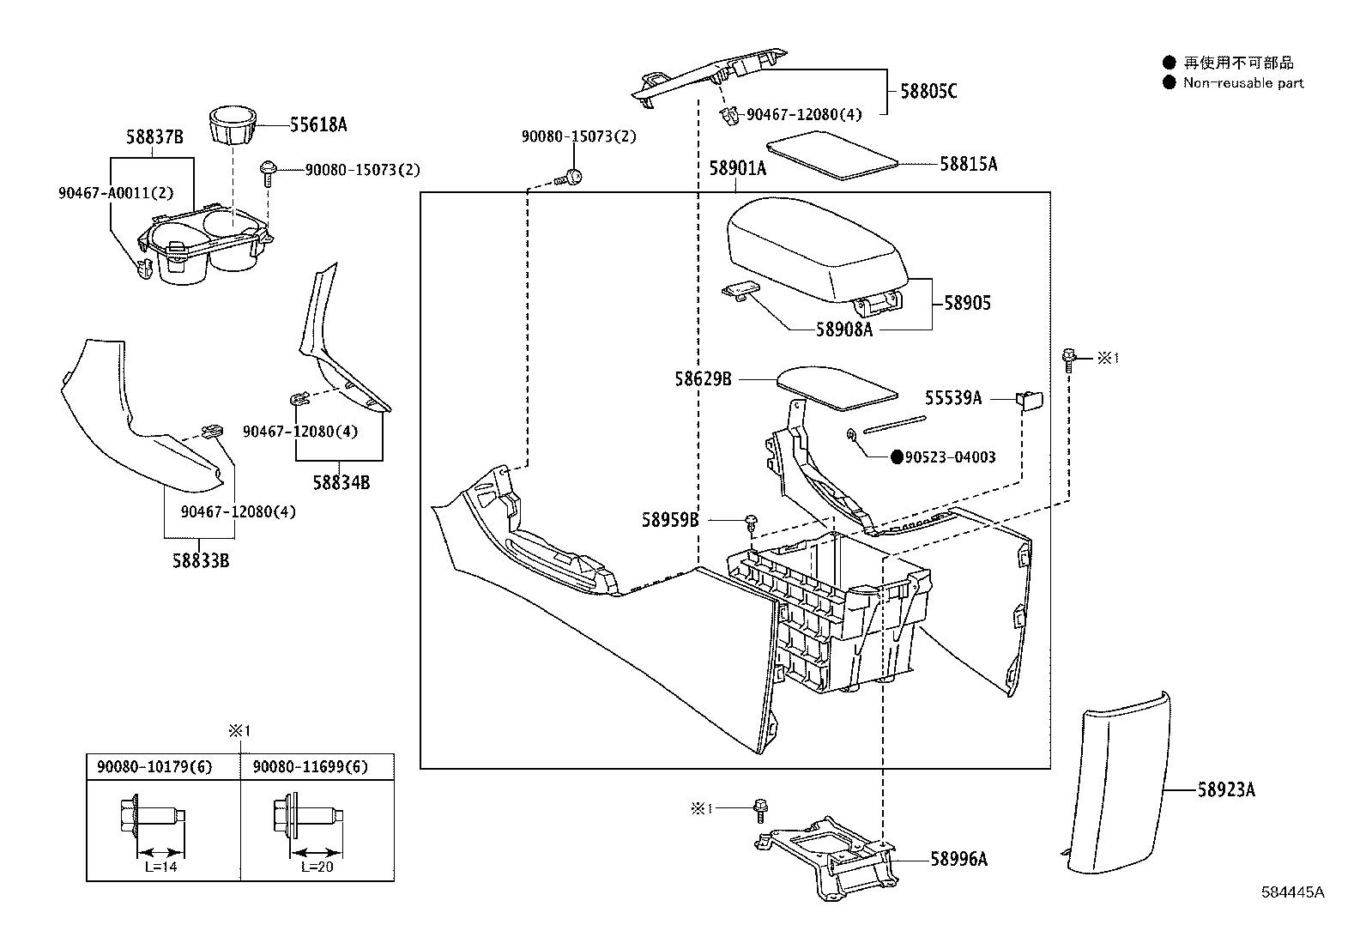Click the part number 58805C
(928, 91)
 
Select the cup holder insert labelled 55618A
(233, 126)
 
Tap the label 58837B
(154, 136)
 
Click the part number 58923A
(1226, 789)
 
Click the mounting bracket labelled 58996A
(826, 858)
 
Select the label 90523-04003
(950, 456)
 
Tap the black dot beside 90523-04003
(897, 456)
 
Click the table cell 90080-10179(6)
(154, 766)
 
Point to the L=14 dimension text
(161, 867)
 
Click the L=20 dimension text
(317, 867)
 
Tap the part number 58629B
(703, 378)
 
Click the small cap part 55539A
(1029, 400)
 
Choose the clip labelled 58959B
(752, 523)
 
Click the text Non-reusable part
(1242, 83)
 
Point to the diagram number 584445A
(1293, 892)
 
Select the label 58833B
(201, 560)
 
